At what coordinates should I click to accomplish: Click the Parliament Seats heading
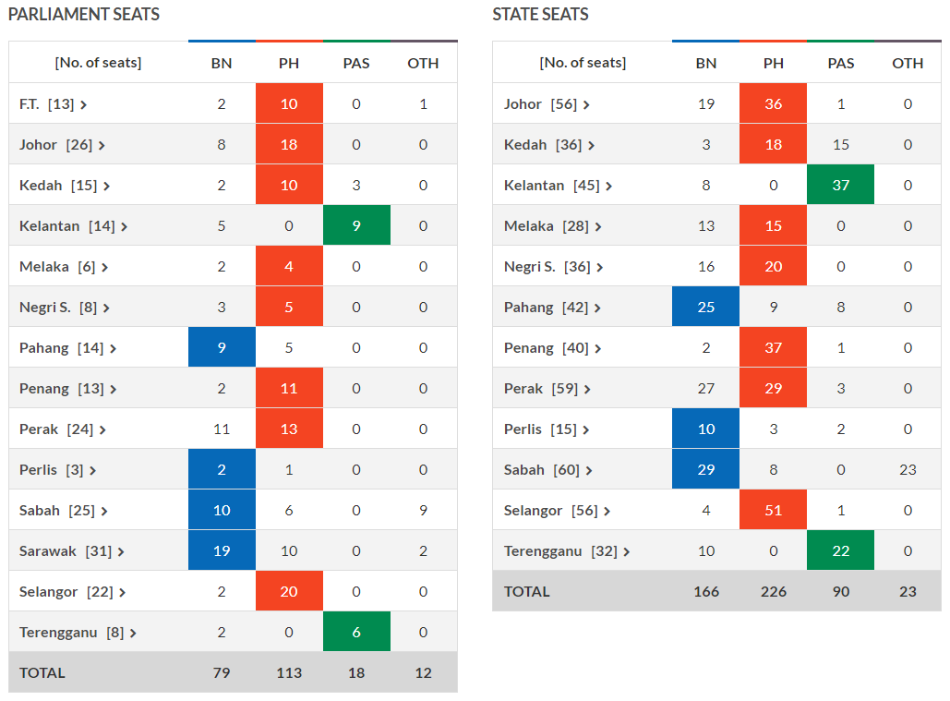[x=84, y=15]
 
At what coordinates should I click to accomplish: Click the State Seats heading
[x=540, y=15]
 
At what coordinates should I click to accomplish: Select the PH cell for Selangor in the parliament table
[x=289, y=591]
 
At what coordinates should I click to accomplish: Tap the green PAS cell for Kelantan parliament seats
[x=356, y=225]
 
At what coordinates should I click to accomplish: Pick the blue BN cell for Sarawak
[x=222, y=550]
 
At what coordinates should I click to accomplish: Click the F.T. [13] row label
[x=53, y=104]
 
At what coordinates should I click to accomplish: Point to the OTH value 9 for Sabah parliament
[x=423, y=510]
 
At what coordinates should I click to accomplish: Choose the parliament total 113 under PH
[x=289, y=672]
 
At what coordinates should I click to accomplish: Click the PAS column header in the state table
[x=840, y=63]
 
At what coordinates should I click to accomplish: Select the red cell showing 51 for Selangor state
[x=774, y=510]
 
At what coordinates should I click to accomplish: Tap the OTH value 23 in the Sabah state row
[x=908, y=469]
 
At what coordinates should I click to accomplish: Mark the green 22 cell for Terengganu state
[x=840, y=550]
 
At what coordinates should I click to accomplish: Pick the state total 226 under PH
[x=774, y=591]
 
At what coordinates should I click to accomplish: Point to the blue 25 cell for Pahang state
[x=706, y=307]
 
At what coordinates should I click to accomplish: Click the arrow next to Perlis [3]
[x=93, y=470]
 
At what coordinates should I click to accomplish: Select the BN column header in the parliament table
[x=222, y=63]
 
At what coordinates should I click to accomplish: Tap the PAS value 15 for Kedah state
[x=840, y=145]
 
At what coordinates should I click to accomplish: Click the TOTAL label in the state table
[x=527, y=591]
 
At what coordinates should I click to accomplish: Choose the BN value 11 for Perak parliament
[x=222, y=429]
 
